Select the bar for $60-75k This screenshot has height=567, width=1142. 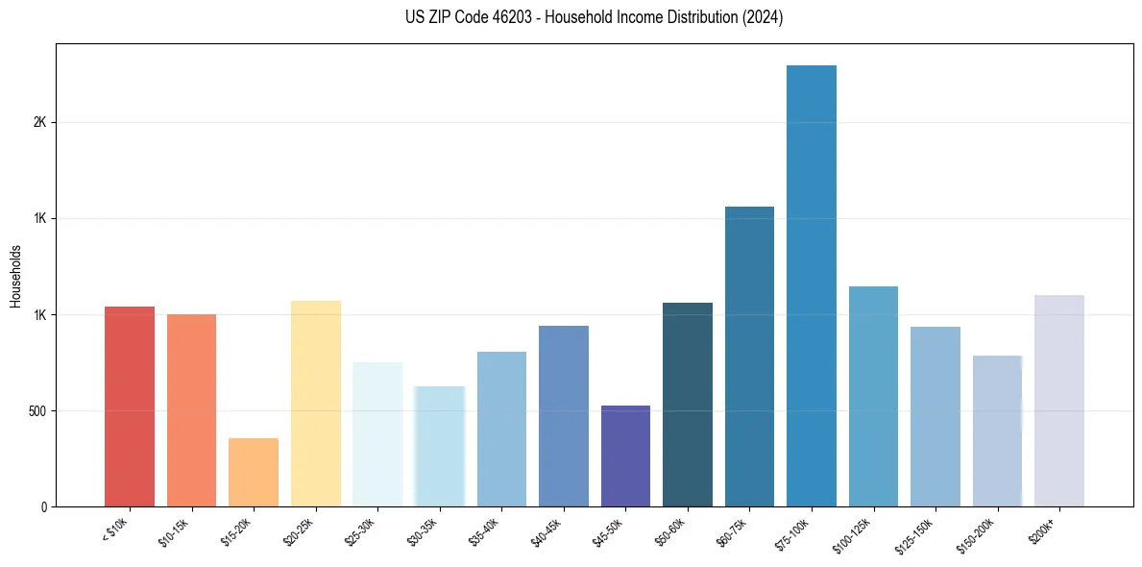749,357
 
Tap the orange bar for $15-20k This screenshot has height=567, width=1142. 254,472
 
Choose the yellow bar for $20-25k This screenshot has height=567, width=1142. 316,404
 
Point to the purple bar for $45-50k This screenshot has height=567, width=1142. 625,456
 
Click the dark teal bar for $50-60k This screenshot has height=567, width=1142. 688,405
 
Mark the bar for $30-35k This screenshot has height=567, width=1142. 440,446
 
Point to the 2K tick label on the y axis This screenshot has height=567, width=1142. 39,123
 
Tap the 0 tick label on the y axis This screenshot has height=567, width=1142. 43,507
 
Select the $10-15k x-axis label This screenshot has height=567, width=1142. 174,531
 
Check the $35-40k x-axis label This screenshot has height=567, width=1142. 483,531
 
